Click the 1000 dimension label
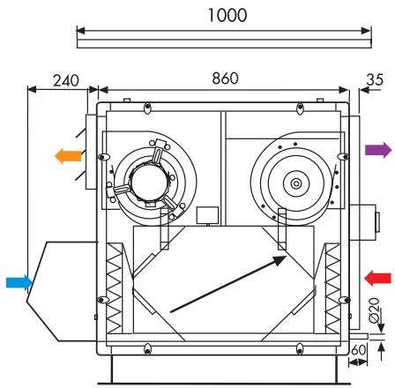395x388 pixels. pyautogui.click(x=220, y=15)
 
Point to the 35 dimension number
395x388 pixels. pyautogui.click(x=374, y=79)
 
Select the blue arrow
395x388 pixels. pyautogui.click(x=19, y=282)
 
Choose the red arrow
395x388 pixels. pyautogui.click(x=377, y=277)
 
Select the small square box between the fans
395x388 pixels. pyautogui.click(x=207, y=214)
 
